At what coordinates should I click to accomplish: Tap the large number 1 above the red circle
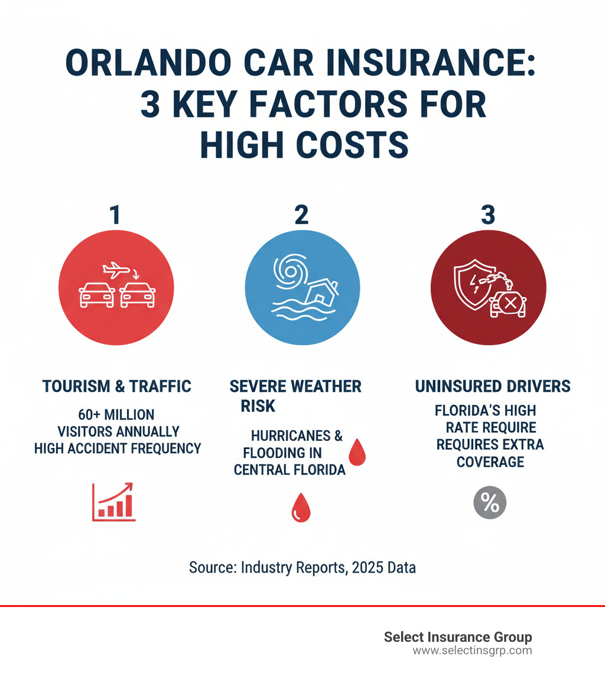[116, 215]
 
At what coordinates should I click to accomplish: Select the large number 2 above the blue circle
[301, 215]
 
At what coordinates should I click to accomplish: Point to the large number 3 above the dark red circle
[487, 215]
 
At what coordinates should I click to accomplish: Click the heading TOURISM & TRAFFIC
[117, 387]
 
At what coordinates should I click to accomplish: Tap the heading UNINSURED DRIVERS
[493, 387]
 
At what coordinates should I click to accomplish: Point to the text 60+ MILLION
[116, 414]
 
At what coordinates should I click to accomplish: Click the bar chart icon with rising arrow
[114, 502]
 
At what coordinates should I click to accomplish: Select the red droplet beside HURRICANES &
[357, 452]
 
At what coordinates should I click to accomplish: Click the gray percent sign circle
[490, 503]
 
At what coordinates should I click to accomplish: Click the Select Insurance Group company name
[458, 637]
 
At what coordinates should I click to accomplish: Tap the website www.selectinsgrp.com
[472, 651]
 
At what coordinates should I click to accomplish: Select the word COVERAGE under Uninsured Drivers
[490, 462]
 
